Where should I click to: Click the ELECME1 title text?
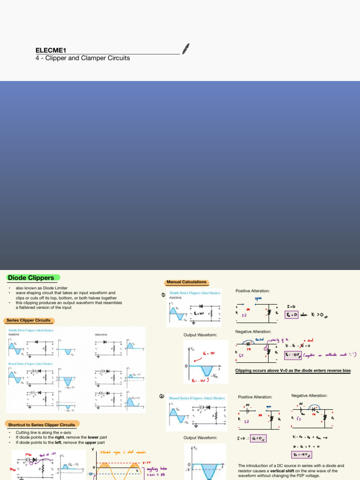pos(51,50)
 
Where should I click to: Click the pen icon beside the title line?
pos(186,49)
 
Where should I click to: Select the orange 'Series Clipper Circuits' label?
pos(28,321)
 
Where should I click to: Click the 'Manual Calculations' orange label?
pos(186,282)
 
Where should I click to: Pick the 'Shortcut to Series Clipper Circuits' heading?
pos(41,425)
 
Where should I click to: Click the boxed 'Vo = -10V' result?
pos(293,355)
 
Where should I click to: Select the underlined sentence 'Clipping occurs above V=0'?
pos(292,371)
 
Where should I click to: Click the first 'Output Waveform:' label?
pos(200,335)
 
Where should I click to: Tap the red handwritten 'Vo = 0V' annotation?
pos(209,353)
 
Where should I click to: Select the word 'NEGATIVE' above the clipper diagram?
pos(102,335)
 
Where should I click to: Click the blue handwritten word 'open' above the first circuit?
pos(258,299)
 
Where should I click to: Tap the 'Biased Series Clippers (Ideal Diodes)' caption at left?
pos(30,364)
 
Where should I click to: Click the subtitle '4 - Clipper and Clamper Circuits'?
pos(83,58)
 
